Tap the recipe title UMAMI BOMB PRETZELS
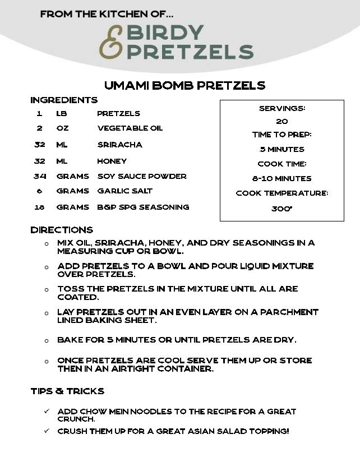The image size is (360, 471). click(x=184, y=85)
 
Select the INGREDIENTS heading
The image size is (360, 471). click(x=64, y=100)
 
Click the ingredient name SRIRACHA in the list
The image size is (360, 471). click(x=120, y=145)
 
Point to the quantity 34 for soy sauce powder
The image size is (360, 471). click(x=39, y=176)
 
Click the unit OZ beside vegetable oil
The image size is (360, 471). click(x=62, y=128)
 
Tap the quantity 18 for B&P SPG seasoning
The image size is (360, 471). click(x=39, y=207)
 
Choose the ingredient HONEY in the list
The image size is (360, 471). click(x=112, y=161)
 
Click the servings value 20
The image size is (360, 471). click(x=282, y=121)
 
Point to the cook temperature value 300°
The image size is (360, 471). click(x=282, y=208)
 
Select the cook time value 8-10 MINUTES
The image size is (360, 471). click(x=282, y=178)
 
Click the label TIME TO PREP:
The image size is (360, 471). click(x=282, y=135)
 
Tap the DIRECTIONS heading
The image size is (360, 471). click(x=62, y=230)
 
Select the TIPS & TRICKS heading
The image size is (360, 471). click(x=67, y=391)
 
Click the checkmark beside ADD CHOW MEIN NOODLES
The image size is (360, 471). click(x=47, y=412)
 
